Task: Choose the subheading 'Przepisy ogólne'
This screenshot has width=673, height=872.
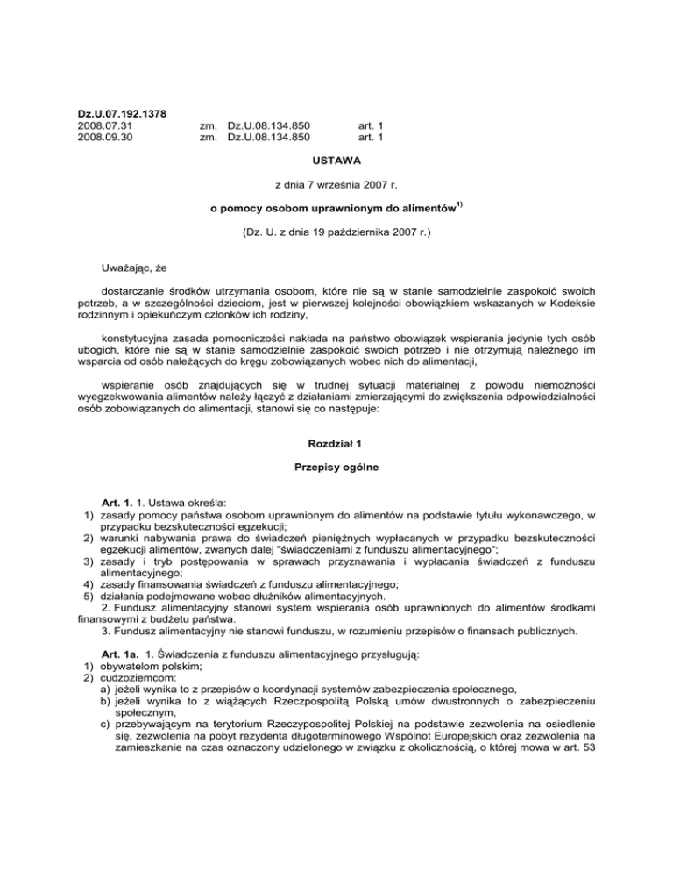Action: click(336, 469)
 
